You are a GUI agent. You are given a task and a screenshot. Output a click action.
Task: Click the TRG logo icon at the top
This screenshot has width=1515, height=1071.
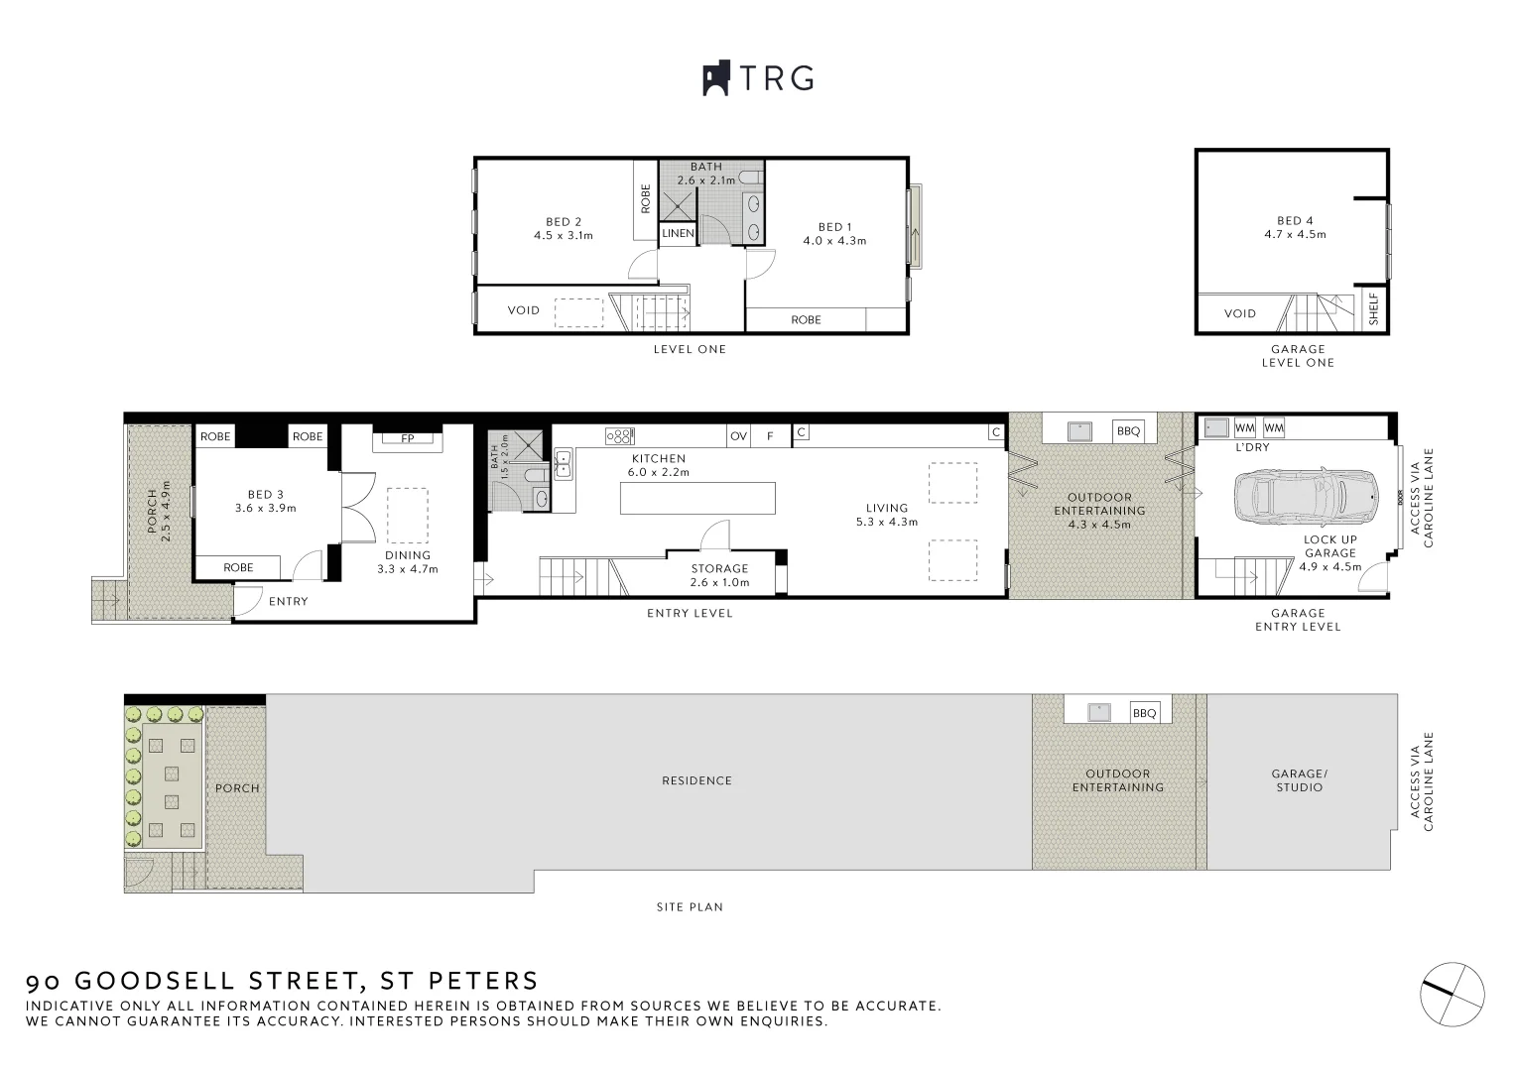pyautogui.click(x=716, y=78)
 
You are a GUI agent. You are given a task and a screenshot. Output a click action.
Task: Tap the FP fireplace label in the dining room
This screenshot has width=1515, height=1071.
pyautogui.click(x=407, y=438)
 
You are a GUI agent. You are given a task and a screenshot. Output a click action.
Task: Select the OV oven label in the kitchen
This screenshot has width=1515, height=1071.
pyautogui.click(x=738, y=435)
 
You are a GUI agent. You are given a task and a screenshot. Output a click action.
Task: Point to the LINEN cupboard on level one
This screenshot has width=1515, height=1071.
pyautogui.click(x=678, y=234)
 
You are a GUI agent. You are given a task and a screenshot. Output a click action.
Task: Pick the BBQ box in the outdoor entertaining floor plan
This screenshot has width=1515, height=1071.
pyautogui.click(x=1129, y=431)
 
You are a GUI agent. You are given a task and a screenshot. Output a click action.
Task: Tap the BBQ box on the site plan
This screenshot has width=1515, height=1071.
pyautogui.click(x=1144, y=713)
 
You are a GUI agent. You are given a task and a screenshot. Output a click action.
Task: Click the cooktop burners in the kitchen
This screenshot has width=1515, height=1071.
pyautogui.click(x=619, y=435)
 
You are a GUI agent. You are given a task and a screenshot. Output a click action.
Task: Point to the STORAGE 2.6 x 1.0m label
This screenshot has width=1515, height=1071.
pyautogui.click(x=719, y=575)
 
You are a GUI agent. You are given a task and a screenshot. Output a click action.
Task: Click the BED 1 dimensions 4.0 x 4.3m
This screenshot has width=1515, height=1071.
pyautogui.click(x=834, y=241)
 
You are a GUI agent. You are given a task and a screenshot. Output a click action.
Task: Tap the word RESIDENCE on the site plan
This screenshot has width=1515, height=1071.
pyautogui.click(x=696, y=780)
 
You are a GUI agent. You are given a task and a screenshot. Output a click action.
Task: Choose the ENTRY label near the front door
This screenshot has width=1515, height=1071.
pyautogui.click(x=289, y=601)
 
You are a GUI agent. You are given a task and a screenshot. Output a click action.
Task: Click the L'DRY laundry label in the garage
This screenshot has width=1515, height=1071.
pyautogui.click(x=1252, y=447)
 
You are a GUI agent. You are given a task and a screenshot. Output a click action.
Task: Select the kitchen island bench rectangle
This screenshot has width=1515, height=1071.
pyautogui.click(x=697, y=498)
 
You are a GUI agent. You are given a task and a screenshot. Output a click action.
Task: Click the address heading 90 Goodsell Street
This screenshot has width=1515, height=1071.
pyautogui.click(x=282, y=982)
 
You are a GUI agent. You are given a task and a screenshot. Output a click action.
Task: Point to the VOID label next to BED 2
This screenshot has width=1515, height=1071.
pyautogui.click(x=523, y=310)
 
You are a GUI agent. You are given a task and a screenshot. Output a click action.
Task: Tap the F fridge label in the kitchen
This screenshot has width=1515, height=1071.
pyautogui.click(x=770, y=435)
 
